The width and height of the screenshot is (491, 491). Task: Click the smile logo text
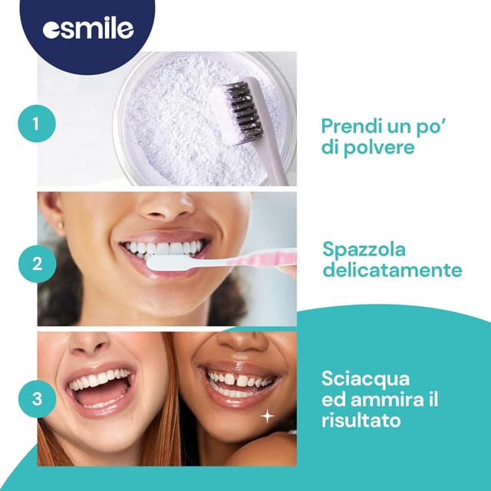pyautogui.click(x=94, y=28)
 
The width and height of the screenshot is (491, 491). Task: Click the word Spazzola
pyautogui.click(x=364, y=250)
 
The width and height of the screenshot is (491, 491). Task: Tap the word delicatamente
pyautogui.click(x=392, y=271)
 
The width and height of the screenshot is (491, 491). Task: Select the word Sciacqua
pyautogui.click(x=355, y=380)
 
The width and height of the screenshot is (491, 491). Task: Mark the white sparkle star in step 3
pyautogui.click(x=268, y=416)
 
